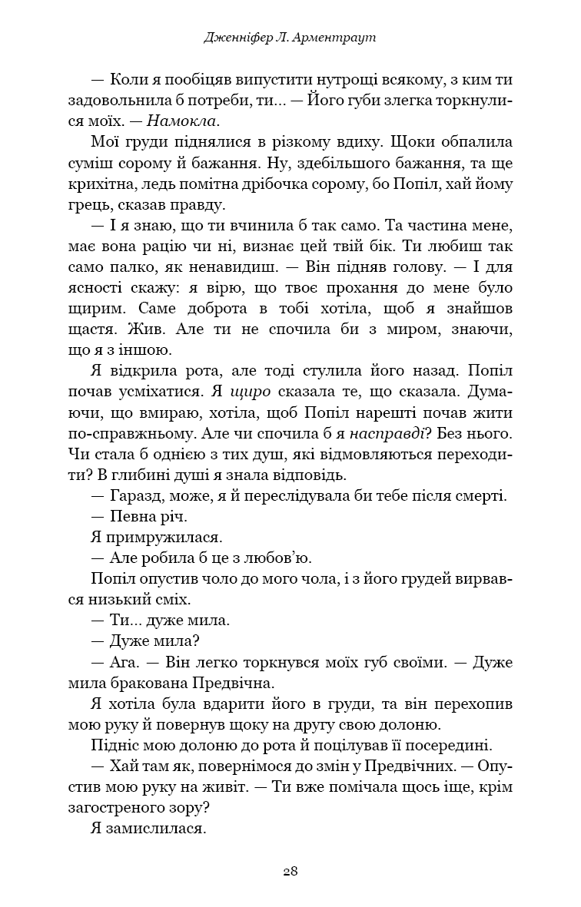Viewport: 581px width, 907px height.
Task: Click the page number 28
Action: (x=290, y=871)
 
